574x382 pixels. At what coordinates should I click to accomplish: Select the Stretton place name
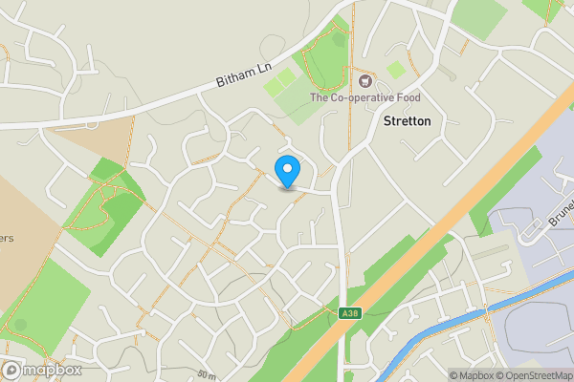407,121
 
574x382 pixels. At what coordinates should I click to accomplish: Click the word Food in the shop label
400,97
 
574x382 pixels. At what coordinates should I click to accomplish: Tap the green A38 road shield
349,312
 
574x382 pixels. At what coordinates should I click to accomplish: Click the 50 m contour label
207,373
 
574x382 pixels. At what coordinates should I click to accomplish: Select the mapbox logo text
54,370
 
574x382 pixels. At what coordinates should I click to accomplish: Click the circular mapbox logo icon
12,370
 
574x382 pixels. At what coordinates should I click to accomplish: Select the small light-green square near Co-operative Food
395,70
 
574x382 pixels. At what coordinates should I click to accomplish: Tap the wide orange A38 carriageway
450,229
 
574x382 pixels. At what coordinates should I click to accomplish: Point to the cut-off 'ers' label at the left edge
6,239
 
